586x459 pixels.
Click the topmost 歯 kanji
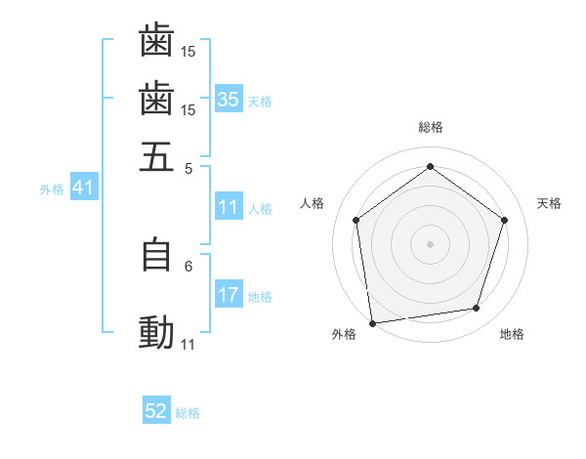pos(156,40)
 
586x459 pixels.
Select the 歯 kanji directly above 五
pos(156,99)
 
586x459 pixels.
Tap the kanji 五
pos(156,156)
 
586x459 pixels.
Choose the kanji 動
pos(156,333)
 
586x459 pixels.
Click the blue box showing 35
pos(229,100)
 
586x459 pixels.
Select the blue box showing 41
pos(83,188)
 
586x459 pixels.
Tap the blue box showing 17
pos(229,295)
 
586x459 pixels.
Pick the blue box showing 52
pos(156,411)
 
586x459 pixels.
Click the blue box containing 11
pos(229,207)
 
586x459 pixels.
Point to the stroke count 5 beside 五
pos(188,168)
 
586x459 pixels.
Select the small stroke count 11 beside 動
pos(188,345)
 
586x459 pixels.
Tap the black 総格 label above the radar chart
pos(431,127)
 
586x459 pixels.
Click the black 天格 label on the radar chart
pos(549,203)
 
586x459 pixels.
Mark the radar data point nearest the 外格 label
pos(372,322)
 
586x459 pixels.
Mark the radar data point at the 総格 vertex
pos(431,166)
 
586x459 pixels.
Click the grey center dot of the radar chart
pos(431,243)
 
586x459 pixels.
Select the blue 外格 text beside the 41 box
pos(52,189)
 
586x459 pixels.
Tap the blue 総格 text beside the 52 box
pos(188,413)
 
